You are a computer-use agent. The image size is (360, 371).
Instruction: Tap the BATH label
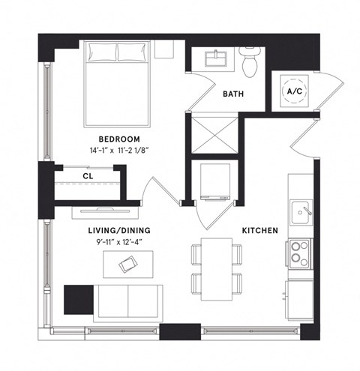pyautogui.click(x=231, y=95)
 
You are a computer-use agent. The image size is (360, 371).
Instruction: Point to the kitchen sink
pyautogui.click(x=302, y=211)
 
